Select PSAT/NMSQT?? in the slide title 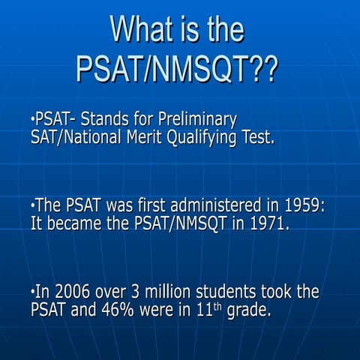coord(177,69)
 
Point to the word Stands coord(115,119)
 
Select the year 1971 coord(270,223)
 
